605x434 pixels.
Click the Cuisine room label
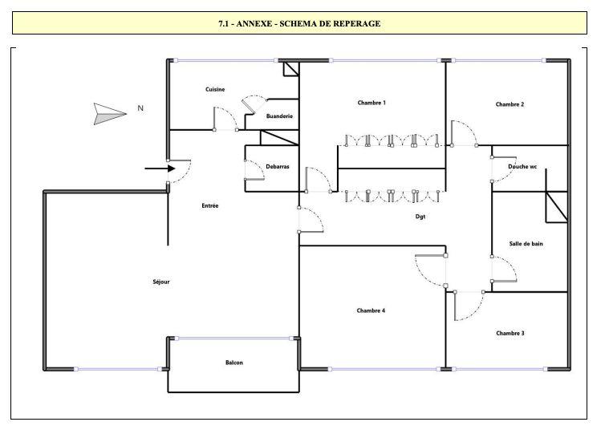point(215,89)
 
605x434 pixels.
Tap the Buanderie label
point(279,116)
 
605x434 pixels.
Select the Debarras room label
point(278,167)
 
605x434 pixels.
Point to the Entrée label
point(210,206)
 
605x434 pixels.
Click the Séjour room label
point(161,282)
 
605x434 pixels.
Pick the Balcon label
point(234,363)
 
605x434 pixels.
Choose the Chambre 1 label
point(372,103)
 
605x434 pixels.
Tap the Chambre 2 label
point(510,104)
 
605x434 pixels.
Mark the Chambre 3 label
point(510,333)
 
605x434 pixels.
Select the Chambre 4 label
point(372,310)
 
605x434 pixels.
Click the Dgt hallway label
point(420,216)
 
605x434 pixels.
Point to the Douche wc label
point(522,166)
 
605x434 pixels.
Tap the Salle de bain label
point(526,243)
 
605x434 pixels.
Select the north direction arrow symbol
point(110,113)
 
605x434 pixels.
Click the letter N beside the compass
point(140,107)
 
